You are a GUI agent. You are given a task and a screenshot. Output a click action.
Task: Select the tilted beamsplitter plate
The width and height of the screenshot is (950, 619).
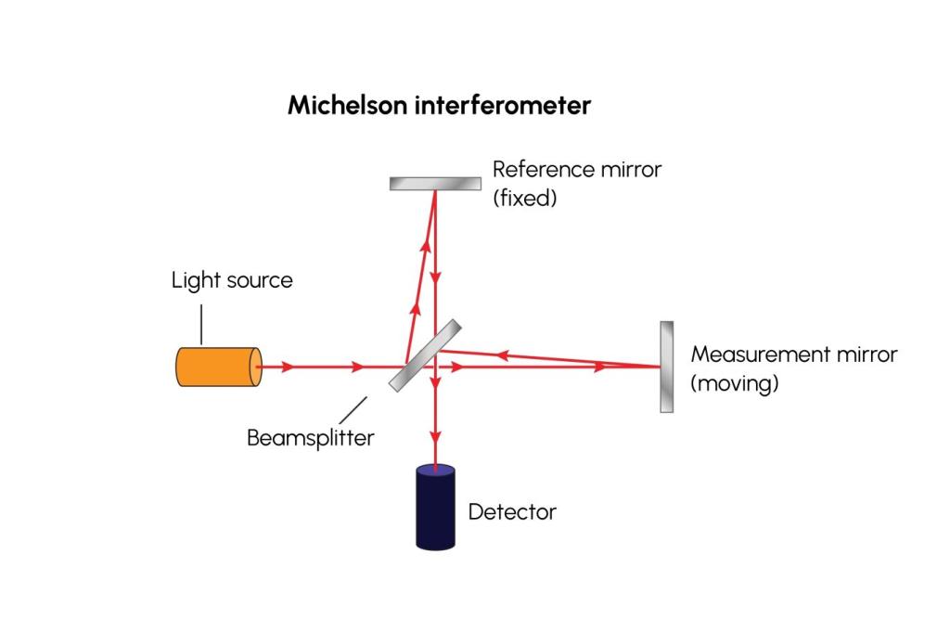425,355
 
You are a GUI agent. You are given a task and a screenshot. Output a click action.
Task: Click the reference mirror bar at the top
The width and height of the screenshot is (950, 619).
433,183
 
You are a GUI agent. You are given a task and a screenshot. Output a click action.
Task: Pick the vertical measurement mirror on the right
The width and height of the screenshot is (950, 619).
666,367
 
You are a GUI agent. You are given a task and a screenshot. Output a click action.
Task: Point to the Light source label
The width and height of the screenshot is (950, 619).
232,280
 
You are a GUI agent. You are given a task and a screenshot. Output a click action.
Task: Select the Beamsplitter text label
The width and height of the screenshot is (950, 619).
310,438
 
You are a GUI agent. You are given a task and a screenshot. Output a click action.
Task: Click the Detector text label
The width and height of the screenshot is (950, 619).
512,511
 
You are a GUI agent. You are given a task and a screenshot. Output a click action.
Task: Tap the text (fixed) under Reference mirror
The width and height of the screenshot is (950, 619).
525,198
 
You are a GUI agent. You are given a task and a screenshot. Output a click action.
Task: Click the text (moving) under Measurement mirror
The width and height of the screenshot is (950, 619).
735,382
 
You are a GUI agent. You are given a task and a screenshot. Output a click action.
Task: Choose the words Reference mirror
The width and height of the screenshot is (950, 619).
576,170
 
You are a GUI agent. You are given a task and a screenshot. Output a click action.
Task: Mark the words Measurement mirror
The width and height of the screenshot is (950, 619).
794,355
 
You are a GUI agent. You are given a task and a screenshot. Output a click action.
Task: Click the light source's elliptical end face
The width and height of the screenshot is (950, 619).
256,367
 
